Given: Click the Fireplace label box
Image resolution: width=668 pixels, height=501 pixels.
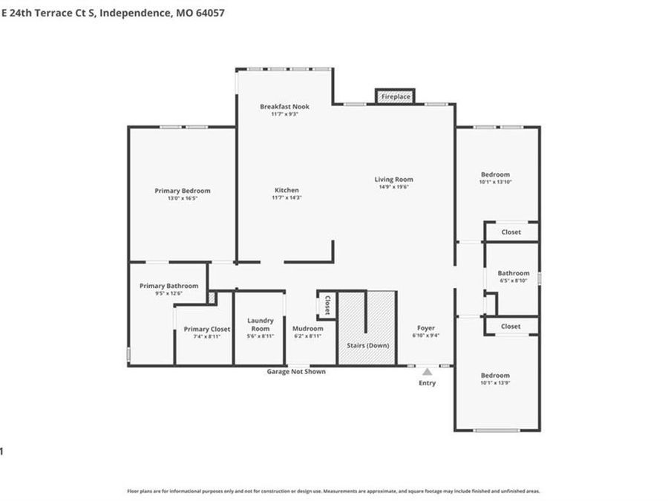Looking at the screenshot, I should click(x=395, y=96).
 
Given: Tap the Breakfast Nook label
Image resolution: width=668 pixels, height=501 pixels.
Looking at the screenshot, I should click(x=284, y=107).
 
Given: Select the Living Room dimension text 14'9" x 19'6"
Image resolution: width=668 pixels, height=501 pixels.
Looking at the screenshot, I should click(x=393, y=187).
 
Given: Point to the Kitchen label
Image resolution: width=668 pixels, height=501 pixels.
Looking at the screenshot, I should click(x=286, y=191).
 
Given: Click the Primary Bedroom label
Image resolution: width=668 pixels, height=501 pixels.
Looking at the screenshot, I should click(x=182, y=191).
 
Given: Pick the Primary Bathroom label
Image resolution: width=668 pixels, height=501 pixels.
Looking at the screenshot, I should click(x=168, y=286).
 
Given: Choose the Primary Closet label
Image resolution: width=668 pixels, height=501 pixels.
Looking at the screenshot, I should click(x=207, y=329).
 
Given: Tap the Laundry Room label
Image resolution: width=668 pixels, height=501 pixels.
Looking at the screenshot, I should click(x=260, y=324).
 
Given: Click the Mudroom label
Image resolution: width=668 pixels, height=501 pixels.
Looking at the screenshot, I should click(x=307, y=328).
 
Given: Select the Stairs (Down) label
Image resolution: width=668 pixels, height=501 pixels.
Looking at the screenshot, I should click(x=368, y=346).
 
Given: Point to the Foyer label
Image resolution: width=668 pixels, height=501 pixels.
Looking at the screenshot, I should click(x=425, y=328).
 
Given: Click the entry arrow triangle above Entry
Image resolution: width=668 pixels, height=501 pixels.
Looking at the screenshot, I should click(x=427, y=370).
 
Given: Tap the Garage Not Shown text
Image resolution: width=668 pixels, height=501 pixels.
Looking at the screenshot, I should click(x=296, y=372).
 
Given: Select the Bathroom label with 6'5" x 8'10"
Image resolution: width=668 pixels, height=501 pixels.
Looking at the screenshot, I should click(x=513, y=273).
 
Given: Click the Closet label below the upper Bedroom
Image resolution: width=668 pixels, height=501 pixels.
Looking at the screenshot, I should click(x=511, y=232).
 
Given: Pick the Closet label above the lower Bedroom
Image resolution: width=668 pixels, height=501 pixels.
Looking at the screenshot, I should click(x=511, y=327).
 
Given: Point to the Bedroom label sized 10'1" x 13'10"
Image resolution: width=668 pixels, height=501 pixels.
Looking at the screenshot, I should click(x=494, y=174).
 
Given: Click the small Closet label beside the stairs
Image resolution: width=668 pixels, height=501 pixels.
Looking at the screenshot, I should click(x=327, y=306).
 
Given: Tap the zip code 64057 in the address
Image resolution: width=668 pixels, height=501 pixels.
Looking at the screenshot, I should click(x=209, y=13).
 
